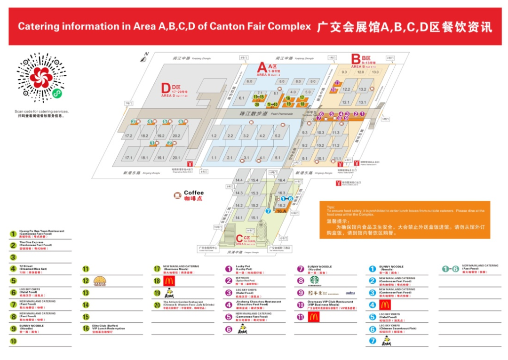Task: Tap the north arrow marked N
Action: coord(145,58)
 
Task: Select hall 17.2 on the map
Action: coord(128,136)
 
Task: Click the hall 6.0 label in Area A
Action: coord(249,81)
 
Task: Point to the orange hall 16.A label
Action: coord(281,211)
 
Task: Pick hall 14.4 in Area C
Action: coord(239,180)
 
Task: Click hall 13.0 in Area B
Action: coord(375,72)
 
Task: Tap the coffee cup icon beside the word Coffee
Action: coord(177,195)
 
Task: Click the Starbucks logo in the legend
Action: coord(314,280)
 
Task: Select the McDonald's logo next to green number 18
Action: coord(169,281)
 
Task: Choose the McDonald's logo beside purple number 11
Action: coord(314,317)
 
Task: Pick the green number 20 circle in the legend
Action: coord(157,304)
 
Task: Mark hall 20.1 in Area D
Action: coord(176,158)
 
